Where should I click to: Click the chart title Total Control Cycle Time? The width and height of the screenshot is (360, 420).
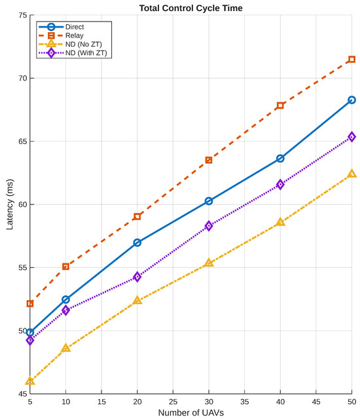coord(191,8)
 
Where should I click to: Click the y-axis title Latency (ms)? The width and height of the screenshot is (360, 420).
coord(10,204)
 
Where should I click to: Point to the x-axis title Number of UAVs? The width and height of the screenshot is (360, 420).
coord(191,413)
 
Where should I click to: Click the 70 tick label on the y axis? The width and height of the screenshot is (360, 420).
coord(23,78)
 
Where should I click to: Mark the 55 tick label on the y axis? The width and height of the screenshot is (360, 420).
coord(23,267)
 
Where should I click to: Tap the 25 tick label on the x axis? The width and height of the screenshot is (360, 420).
coord(173,402)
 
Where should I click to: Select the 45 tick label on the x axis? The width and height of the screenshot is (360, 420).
coord(316,402)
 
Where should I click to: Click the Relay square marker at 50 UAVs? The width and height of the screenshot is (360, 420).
coord(351,59)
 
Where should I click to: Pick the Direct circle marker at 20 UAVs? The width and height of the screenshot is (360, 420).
coord(137,242)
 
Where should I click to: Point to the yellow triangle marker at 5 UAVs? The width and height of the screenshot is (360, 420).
coord(30,381)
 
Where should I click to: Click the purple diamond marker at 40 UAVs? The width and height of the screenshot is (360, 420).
coord(280,184)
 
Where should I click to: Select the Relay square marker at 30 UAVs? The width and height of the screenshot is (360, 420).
coord(209,160)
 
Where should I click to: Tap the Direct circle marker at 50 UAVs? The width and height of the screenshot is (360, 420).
coord(351,100)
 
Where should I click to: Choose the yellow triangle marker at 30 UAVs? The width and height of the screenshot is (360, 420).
coord(209,263)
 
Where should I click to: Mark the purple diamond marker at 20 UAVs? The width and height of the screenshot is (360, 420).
coord(137,277)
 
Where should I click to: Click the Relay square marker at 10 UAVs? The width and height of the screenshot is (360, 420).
coord(66,267)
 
